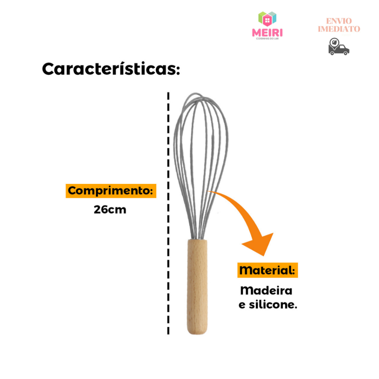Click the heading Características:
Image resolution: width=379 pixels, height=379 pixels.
111,69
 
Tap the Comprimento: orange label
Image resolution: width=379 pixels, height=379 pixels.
111,191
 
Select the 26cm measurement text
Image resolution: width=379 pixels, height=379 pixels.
110,209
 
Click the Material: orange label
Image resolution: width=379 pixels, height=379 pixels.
268,270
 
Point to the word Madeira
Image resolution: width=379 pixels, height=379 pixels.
266,290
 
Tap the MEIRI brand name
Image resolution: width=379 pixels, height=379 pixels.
267,33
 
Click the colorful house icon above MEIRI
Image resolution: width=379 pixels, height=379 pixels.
267,19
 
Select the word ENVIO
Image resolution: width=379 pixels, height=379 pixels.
339,21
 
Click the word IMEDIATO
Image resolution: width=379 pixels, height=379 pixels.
339,29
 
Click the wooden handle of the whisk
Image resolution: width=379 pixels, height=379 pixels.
197,287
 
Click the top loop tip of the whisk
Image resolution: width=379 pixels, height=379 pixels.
195,94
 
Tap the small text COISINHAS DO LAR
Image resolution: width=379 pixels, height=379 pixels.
267,38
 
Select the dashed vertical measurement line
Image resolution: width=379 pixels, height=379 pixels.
168,213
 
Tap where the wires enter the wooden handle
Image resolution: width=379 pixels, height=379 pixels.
198,239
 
